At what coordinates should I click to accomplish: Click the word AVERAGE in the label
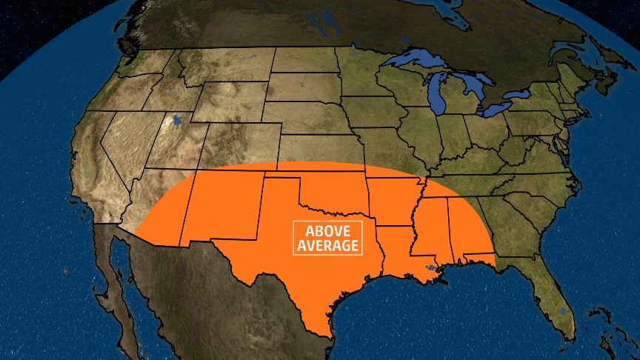(326, 245)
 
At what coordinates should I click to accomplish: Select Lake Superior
(415, 61)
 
